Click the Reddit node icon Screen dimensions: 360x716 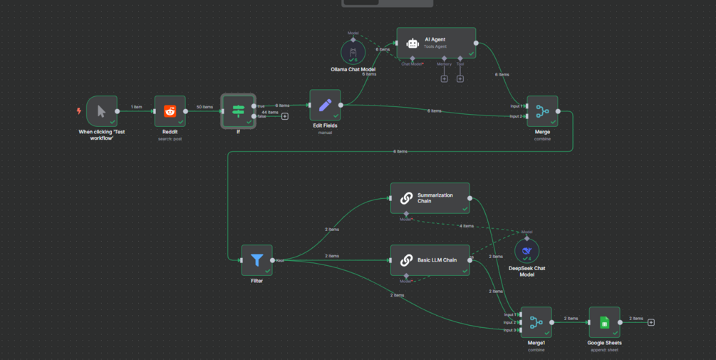coord(170,111)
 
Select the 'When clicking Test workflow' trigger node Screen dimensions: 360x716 coord(101,111)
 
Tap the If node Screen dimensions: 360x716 coord(238,111)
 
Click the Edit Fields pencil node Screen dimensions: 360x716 coord(325,105)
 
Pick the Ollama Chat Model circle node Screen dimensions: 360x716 coord(353,52)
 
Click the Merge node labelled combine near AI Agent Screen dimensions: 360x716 coord(542,111)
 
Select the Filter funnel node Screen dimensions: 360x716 coord(256,260)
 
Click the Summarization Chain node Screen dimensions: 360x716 coord(430,198)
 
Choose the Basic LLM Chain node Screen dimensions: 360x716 coord(430,260)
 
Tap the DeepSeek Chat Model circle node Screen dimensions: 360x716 coord(526,251)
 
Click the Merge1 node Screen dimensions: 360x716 coord(536,322)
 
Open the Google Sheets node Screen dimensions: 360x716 coord(604,322)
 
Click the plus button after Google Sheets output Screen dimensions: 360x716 coord(651,322)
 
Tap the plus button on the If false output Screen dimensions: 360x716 coord(285,116)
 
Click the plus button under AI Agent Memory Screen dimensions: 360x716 coord(444,78)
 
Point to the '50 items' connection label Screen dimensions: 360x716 coord(204,107)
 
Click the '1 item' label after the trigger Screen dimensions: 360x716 coord(136,107)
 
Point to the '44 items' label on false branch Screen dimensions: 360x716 coord(270,113)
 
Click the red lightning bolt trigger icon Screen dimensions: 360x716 coord(79,111)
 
